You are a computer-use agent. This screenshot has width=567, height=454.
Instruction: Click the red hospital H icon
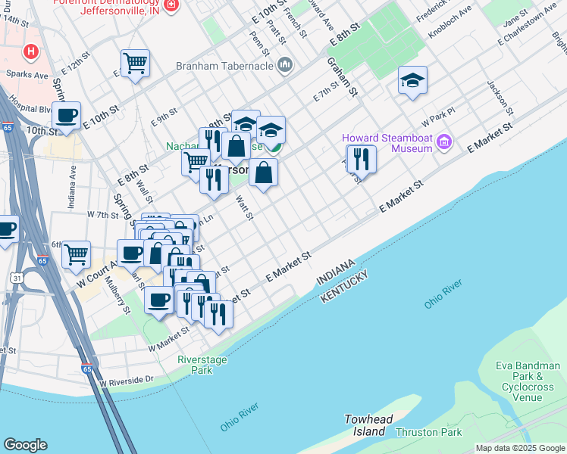click(31, 51)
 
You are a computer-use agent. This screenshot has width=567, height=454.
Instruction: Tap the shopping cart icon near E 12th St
click(135, 63)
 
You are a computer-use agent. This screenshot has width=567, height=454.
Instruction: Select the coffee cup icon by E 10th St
click(66, 116)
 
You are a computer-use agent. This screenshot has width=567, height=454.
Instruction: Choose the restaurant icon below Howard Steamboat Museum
click(362, 160)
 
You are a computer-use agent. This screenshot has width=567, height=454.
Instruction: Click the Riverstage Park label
click(202, 365)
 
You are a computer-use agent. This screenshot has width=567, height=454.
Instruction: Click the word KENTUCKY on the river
click(344, 288)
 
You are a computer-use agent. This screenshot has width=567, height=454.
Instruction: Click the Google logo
click(25, 445)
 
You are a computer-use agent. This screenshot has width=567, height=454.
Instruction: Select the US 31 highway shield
click(14, 278)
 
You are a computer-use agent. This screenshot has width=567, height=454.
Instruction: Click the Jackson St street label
click(500, 98)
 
